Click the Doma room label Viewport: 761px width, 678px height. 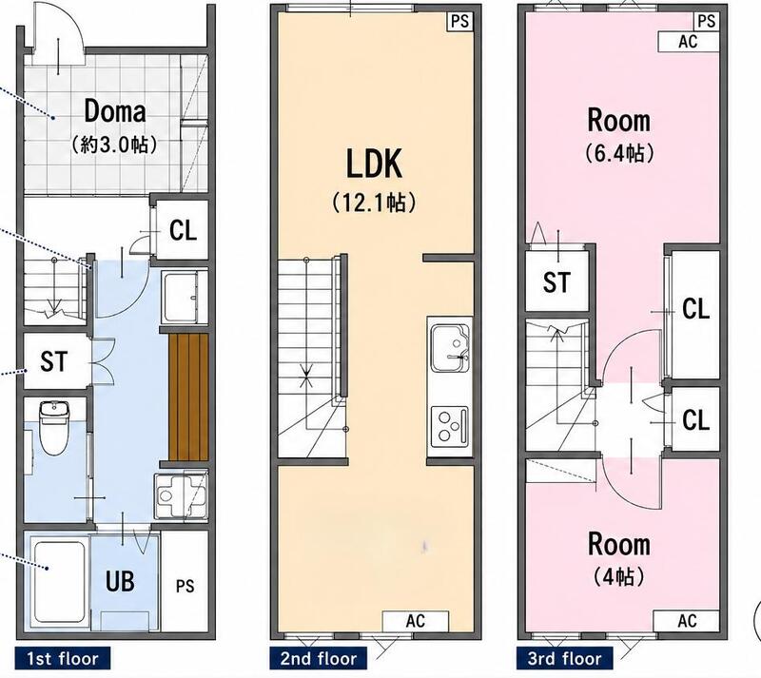point(115,111)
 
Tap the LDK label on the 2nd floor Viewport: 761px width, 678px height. point(374,165)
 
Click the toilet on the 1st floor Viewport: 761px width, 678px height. point(54,427)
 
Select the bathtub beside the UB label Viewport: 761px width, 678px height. point(60,581)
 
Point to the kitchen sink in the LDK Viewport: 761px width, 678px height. point(450,347)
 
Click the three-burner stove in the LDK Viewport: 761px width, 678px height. point(450,426)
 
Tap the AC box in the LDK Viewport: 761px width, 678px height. point(416,621)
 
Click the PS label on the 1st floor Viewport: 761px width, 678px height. point(185,586)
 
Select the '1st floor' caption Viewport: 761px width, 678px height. point(63,659)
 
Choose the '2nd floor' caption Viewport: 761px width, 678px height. point(319,659)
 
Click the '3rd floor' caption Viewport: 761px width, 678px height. point(564,659)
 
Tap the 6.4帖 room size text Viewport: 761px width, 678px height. point(619,153)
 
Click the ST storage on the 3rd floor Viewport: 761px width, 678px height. point(556,282)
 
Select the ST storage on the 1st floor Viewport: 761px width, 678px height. point(54,361)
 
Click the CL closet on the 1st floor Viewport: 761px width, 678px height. point(183,230)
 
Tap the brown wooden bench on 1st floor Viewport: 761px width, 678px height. point(188,397)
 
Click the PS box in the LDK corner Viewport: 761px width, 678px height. point(459,21)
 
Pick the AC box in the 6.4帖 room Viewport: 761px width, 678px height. point(688,41)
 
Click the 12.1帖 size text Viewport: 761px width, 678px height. point(374,203)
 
